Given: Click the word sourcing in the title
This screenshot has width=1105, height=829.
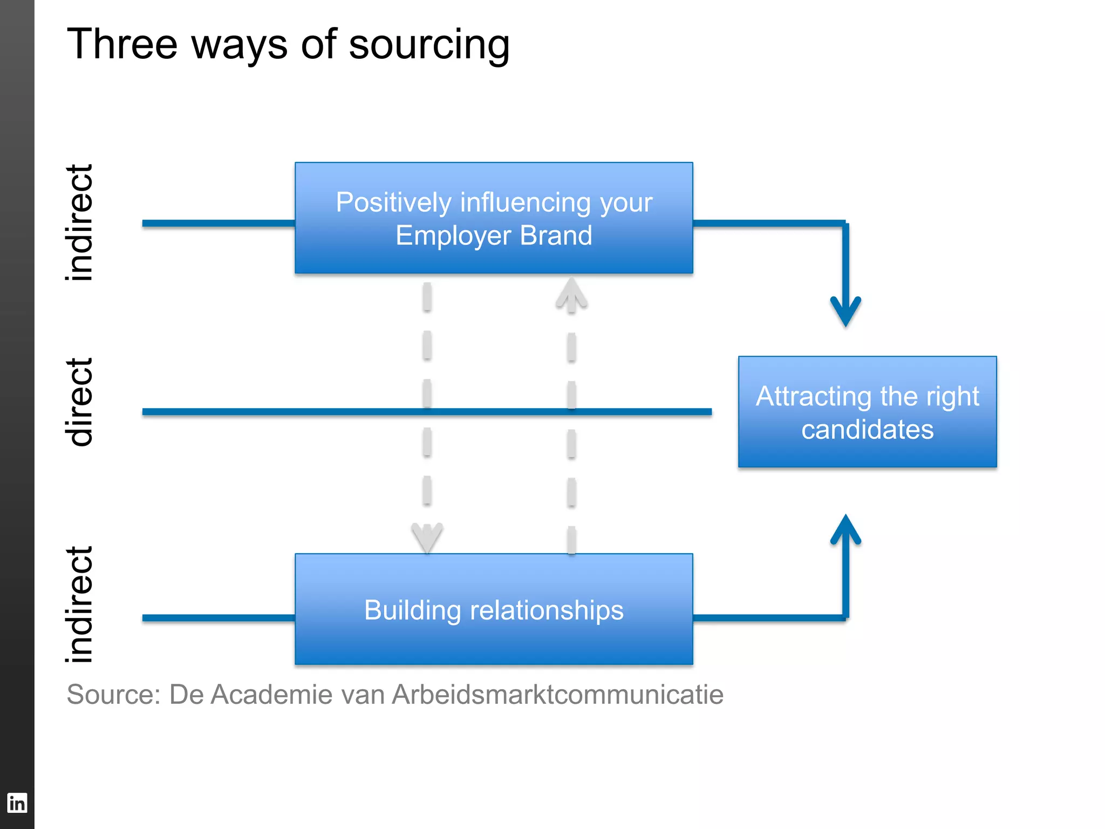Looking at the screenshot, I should (429, 45).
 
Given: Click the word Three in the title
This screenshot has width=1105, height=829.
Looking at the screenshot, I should (122, 44).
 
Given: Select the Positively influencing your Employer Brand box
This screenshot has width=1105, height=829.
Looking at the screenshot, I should (494, 218).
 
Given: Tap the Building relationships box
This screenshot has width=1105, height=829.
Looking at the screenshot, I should (494, 609).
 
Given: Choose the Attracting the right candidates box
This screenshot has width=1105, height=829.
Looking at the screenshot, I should (867, 412).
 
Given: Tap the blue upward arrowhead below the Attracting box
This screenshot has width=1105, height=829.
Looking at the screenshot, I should (845, 529).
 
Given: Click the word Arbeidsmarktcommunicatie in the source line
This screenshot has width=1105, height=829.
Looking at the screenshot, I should (557, 695).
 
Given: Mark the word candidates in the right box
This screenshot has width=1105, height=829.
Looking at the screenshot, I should (867, 430).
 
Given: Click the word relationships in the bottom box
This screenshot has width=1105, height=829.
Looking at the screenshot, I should (547, 610).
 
